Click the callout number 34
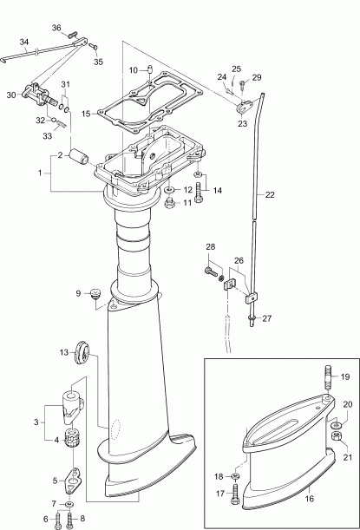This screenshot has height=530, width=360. pyautogui.click(x=24, y=41)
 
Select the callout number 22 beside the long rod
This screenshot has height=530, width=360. pyautogui.click(x=270, y=195)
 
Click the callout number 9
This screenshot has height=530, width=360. pyautogui.click(x=78, y=293)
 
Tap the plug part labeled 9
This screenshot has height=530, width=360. pyautogui.click(x=96, y=295)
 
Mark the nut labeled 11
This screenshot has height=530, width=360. pyautogui.click(x=170, y=202)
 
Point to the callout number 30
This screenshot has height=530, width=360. pyautogui.click(x=11, y=95)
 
